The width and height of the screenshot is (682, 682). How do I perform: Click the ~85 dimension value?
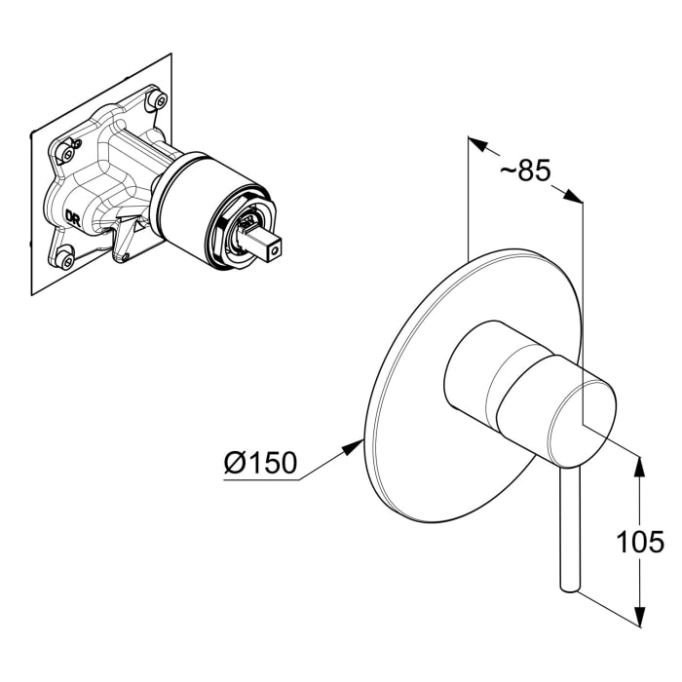click(x=525, y=170)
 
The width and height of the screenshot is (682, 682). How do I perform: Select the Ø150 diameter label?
click(x=260, y=463)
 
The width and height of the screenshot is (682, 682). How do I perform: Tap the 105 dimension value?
click(x=640, y=542)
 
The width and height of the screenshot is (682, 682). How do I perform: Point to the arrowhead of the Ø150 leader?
click(x=353, y=446)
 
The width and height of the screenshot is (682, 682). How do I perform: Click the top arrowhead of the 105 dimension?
click(x=640, y=467)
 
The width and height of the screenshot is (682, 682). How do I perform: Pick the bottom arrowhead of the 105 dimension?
click(x=640, y=615)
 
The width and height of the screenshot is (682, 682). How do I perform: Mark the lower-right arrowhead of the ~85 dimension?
click(x=573, y=196)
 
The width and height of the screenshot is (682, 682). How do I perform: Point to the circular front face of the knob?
click(x=582, y=421)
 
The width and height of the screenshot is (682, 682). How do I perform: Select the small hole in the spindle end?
click(x=274, y=251)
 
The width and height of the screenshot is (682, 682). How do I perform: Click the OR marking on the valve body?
click(x=73, y=216)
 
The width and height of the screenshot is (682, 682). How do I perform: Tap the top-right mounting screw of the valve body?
click(x=158, y=100)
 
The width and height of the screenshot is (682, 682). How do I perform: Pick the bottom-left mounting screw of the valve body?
click(x=65, y=259)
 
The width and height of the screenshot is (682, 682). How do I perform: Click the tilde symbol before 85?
click(x=508, y=170)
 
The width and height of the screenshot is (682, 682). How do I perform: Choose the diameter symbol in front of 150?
click(x=235, y=463)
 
